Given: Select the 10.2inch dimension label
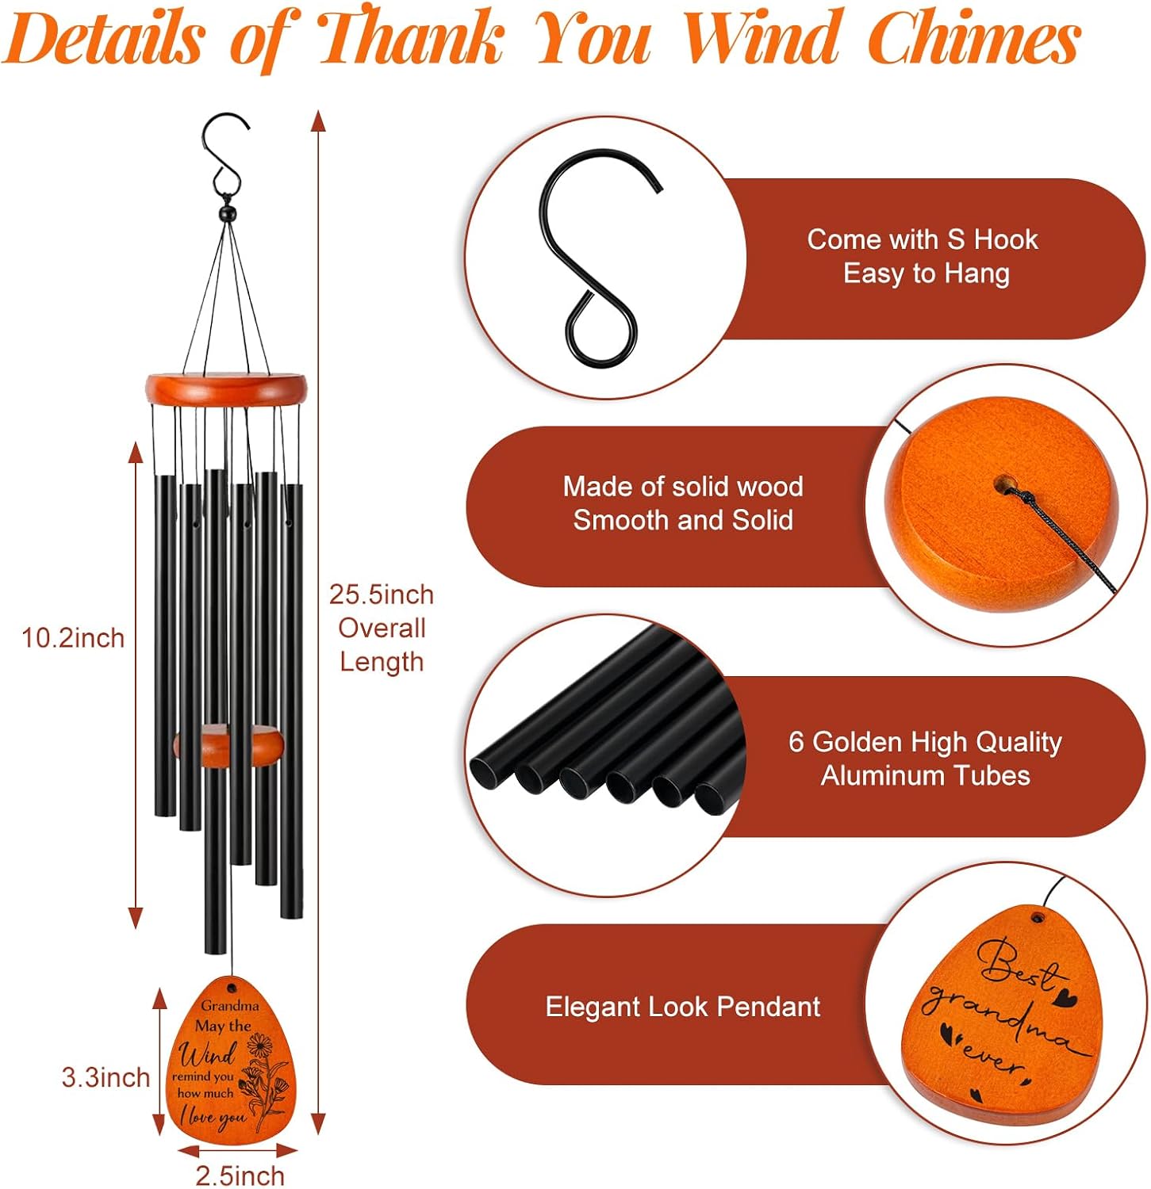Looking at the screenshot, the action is (x=73, y=638).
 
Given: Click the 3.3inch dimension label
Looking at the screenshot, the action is (x=106, y=1077).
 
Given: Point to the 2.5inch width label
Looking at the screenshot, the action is (x=240, y=1176).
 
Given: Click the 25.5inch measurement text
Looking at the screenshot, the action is (x=382, y=594).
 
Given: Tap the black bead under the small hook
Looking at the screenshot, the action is (x=228, y=214).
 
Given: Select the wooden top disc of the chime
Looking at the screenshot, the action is (x=226, y=389).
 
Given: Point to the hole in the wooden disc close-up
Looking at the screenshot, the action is (x=1005, y=483).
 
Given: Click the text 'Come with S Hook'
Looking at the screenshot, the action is (x=923, y=239).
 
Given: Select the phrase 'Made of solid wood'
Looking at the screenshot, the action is (x=683, y=486).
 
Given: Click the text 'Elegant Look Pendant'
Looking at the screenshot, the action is (x=682, y=1007).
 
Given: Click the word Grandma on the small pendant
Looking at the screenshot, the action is (x=229, y=1005).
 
